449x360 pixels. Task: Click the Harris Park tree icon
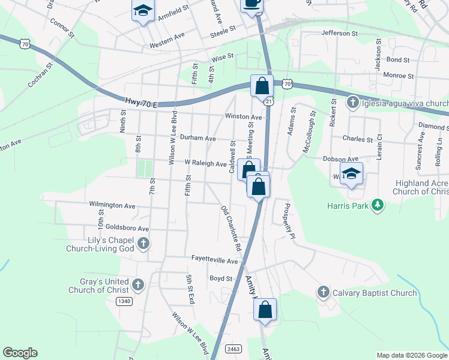click(x=378, y=206)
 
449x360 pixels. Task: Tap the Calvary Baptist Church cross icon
click(x=323, y=293)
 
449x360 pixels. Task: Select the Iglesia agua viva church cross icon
click(x=354, y=103)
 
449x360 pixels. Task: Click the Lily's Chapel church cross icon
click(x=143, y=244)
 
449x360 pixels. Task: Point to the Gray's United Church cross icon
click(x=138, y=285)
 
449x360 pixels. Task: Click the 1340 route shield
click(x=125, y=301)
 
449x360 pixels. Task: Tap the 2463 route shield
click(x=234, y=349)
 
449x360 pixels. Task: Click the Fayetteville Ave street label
click(x=215, y=261)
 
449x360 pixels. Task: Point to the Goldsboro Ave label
click(x=127, y=229)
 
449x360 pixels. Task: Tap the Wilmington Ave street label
click(x=112, y=205)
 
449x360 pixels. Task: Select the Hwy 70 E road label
click(x=140, y=103)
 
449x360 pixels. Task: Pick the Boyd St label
click(x=221, y=278)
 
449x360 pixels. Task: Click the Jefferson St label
click(x=339, y=34)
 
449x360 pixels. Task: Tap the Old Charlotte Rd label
click(x=231, y=229)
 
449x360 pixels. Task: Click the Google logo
click(x=20, y=353)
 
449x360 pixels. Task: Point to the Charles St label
click(x=357, y=139)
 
